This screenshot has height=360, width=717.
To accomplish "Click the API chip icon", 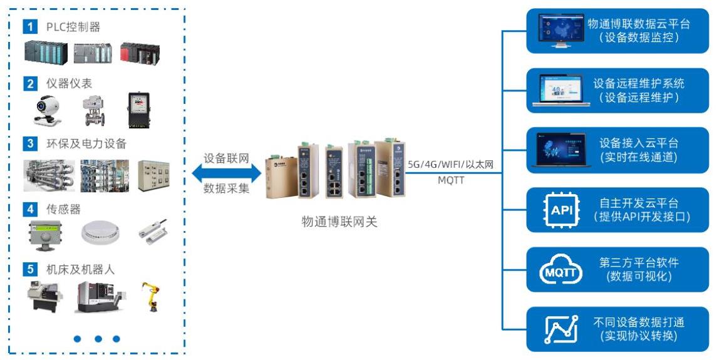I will pyautogui.click(x=558, y=210).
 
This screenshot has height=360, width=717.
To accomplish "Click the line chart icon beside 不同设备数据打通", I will pyautogui.click(x=558, y=329).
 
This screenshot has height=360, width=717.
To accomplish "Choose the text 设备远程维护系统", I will pyautogui.click(x=639, y=83).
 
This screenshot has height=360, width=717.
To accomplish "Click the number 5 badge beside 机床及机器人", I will pyautogui.click(x=29, y=270).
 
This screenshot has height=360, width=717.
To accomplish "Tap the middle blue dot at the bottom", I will pyautogui.click(x=98, y=339).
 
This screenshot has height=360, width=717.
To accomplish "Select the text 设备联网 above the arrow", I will pyautogui.click(x=227, y=158).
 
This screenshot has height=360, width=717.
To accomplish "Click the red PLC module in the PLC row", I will pyautogui.click(x=140, y=53).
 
